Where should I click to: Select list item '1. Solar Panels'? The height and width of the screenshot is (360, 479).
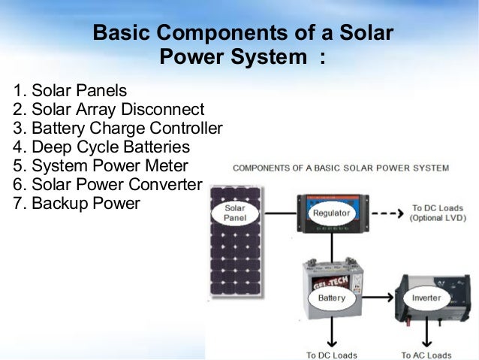pos(70,92)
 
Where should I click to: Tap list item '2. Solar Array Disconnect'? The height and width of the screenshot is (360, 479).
pos(108,110)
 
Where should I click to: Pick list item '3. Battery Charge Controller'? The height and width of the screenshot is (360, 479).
pos(118,129)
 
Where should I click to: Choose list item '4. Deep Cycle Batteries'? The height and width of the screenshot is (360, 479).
pos(101,147)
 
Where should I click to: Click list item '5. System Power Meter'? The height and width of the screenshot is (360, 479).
pos(101,165)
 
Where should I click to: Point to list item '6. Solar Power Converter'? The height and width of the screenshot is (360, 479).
pos(108,184)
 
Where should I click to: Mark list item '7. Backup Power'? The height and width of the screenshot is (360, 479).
pos(77,203)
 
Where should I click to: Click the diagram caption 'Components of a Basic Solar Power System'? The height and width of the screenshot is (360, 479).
pos(341,168)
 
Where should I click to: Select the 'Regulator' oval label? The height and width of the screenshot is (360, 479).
pos(331,213)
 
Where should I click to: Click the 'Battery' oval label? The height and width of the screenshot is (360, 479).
pos(331,298)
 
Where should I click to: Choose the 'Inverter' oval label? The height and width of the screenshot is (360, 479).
pos(426,298)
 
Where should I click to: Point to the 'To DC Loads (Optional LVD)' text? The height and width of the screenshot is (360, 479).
pos(437,212)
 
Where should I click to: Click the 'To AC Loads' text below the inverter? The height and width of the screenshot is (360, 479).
pos(426,355)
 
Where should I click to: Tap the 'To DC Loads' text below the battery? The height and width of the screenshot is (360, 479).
pos(331,355)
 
